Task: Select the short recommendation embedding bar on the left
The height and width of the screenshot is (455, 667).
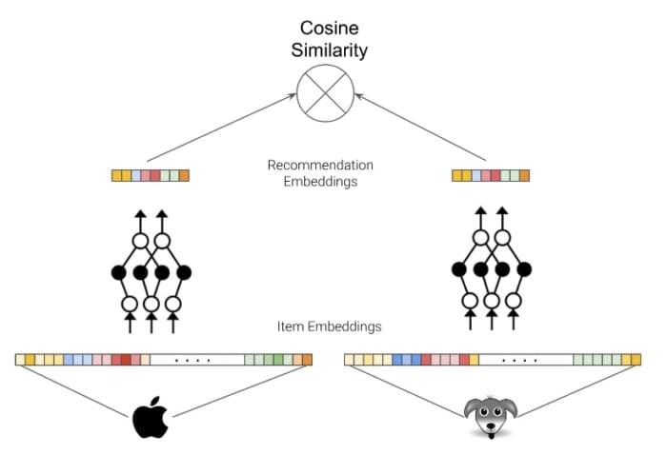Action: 151,175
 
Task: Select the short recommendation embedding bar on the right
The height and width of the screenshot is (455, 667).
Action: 491,175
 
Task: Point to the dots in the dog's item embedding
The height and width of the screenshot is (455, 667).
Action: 524,360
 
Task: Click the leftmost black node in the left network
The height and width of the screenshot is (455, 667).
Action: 119,273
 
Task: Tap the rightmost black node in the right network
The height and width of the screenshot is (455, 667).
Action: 524,270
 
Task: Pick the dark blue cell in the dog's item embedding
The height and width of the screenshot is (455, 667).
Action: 399,360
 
